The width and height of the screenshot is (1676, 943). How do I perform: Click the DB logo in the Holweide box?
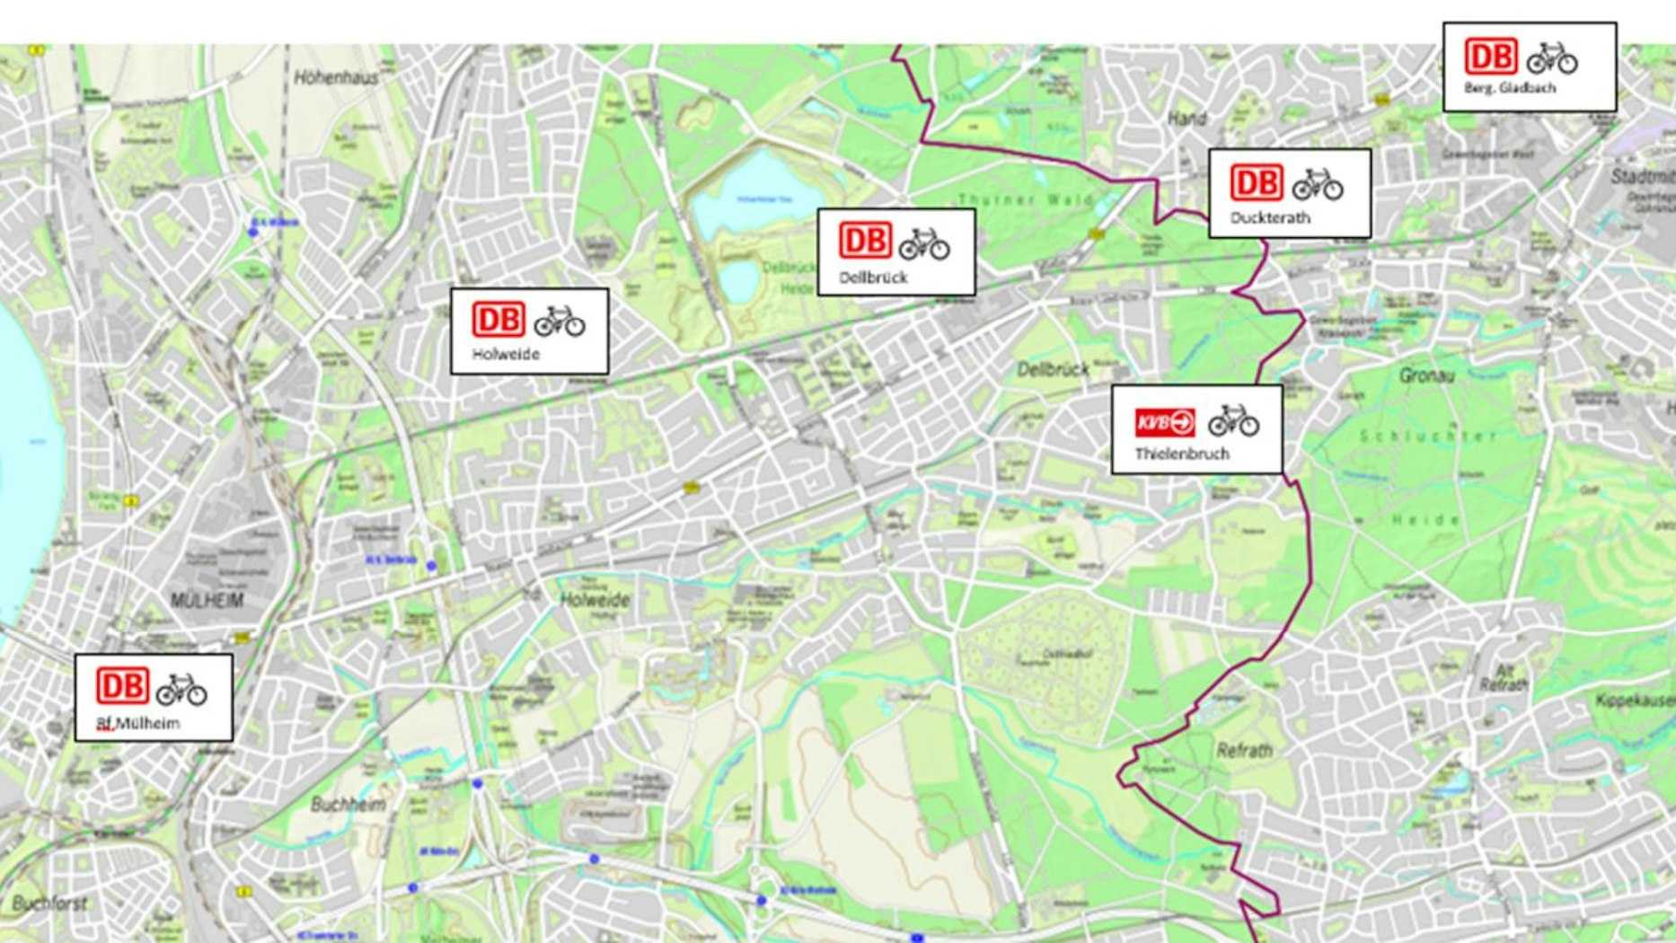pos(498,320)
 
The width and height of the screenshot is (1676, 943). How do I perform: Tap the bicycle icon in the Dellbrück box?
pos(924,243)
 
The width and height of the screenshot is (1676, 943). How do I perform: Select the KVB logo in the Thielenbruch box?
pos(1165,422)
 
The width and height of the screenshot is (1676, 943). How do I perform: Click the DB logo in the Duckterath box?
pos(1256,182)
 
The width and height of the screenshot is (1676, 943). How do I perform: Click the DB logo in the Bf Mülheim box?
pos(122,685)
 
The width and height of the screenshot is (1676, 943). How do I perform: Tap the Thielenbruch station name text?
pos(1181,454)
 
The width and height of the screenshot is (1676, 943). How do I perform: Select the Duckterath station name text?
pos(1270,217)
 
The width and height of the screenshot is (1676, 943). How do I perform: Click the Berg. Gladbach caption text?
pos(1509,88)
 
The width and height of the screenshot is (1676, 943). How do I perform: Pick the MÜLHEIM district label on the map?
pos(207,599)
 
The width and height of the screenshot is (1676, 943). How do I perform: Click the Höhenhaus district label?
pos(336,78)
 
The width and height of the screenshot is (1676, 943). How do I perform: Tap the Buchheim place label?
pos(348,804)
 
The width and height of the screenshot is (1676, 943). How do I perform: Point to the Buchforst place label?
pos(50,903)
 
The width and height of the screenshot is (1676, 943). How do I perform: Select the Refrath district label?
pos(1244,750)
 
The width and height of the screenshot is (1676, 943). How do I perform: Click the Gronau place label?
pos(1426,375)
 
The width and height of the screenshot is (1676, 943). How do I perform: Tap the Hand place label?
pos(1186,118)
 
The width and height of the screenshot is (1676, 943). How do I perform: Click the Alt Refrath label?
pos(1504,677)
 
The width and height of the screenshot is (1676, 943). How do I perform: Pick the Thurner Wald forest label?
pos(1025,199)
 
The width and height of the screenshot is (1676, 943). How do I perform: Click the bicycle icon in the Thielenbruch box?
pos(1233,420)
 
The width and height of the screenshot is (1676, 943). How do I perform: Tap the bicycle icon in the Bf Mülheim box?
pos(181,690)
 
